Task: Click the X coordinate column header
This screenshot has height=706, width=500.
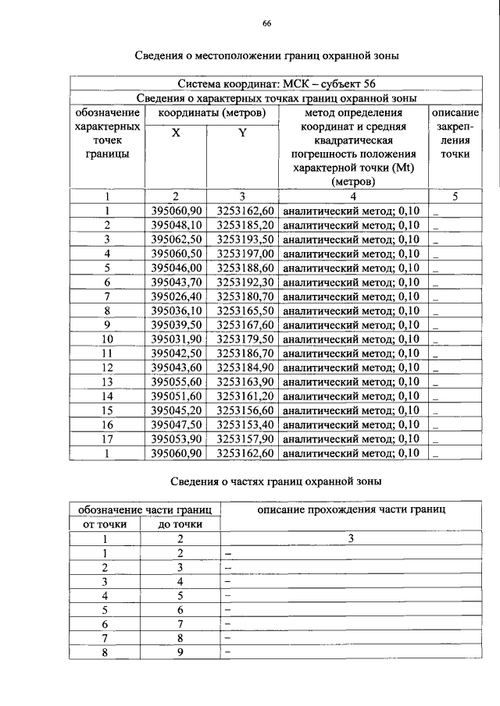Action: [176, 133]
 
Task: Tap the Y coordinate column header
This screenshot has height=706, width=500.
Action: [242, 133]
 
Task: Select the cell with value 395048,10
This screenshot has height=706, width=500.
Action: [177, 225]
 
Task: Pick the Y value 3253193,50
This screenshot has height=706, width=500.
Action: [245, 239]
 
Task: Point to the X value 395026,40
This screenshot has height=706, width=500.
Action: [177, 296]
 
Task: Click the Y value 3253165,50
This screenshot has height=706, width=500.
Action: [245, 310]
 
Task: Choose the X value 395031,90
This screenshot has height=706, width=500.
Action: [177, 339]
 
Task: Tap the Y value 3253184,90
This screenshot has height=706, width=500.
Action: [245, 367]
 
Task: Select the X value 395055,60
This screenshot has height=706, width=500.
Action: [177, 381]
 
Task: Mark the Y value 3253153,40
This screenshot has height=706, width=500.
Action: [245, 424]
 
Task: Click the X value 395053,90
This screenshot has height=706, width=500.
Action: [177, 438]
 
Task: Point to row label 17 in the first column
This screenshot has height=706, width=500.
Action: [107, 438]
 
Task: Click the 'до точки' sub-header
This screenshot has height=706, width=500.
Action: [180, 523]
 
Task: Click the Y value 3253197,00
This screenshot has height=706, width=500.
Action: [245, 254]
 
